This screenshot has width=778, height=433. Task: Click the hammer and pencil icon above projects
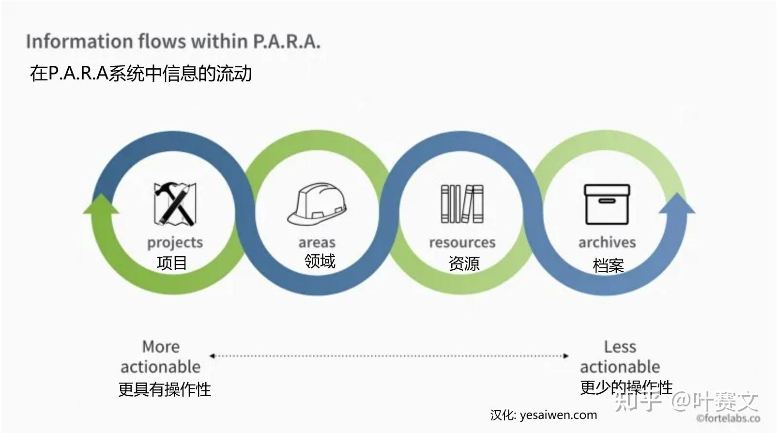(175, 204)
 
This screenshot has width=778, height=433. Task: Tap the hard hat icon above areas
(317, 204)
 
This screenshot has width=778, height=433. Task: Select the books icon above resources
(462, 204)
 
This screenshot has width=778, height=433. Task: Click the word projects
(175, 242)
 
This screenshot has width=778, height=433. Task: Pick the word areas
(317, 242)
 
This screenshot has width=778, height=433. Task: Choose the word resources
(462, 242)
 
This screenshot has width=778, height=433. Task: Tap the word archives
(607, 242)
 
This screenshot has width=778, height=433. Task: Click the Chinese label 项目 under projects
(172, 263)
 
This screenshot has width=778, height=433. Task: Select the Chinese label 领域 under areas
(320, 261)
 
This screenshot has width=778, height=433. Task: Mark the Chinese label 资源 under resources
(464, 263)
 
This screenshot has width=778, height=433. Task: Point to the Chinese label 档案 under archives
(608, 265)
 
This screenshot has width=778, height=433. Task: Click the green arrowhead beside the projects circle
(101, 204)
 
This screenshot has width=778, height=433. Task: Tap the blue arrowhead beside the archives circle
(677, 204)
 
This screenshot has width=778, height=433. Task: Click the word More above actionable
(161, 347)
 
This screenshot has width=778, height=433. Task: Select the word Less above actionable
(620, 347)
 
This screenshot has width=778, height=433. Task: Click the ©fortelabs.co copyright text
(728, 418)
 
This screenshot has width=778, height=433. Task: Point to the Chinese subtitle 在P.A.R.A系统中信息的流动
(141, 74)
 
